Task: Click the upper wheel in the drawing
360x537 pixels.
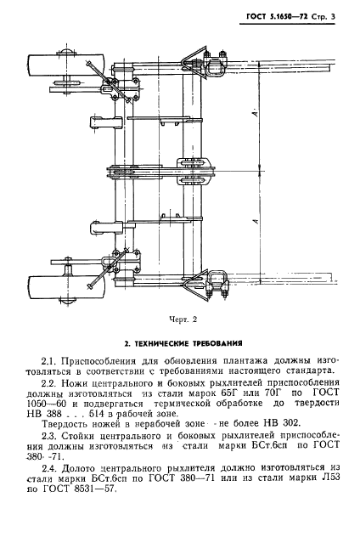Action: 53,68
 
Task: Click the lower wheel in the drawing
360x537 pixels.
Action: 53,289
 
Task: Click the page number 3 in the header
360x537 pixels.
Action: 330,19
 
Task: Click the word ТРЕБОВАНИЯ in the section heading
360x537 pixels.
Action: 215,343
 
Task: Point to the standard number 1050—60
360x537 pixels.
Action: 51,408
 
